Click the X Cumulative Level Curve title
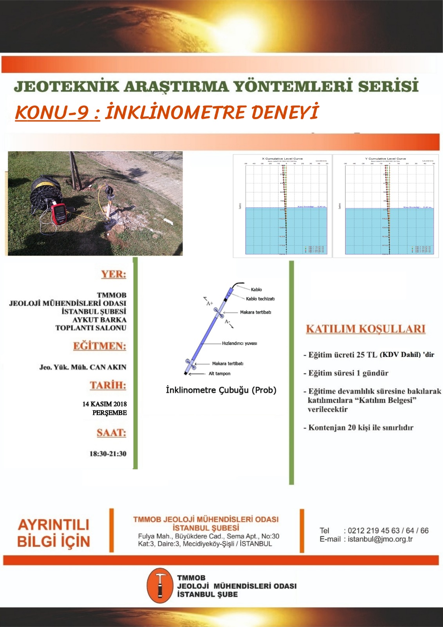point(282,159)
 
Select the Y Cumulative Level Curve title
point(385,159)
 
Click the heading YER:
point(114,274)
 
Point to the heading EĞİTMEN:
point(99,346)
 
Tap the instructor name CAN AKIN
point(108,367)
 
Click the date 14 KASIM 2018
point(104,404)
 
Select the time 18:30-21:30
point(108,454)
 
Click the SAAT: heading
point(111,433)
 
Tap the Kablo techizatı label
point(260,299)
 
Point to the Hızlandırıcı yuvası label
point(239,343)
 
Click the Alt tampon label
point(219,374)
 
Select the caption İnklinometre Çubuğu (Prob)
point(221,390)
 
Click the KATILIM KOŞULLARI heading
point(365,329)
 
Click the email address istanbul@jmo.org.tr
point(380,539)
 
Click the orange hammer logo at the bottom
point(159,585)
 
